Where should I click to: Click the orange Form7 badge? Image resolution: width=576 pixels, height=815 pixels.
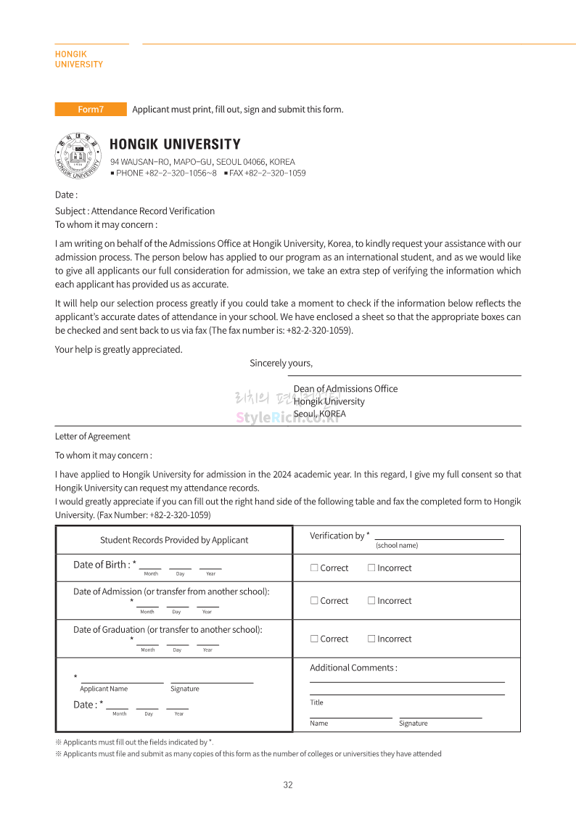(91, 110)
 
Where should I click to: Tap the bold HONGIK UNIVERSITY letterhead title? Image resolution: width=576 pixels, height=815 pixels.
(175, 144)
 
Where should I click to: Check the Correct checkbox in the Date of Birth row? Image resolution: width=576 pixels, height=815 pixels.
(314, 568)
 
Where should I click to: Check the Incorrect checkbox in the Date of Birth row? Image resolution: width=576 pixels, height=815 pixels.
(371, 568)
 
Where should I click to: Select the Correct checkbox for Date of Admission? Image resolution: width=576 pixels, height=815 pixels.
(314, 600)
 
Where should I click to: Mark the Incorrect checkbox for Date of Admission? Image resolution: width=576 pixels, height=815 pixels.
(371, 600)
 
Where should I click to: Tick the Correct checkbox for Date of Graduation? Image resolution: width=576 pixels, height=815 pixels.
(314, 639)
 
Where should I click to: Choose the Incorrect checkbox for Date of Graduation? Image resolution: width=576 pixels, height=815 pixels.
(371, 639)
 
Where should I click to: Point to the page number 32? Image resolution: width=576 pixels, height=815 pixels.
(288, 785)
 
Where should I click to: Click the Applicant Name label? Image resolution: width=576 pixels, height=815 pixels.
(104, 689)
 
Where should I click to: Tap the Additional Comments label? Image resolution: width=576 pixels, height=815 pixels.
(353, 668)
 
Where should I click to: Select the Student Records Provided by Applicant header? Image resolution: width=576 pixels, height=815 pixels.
(174, 540)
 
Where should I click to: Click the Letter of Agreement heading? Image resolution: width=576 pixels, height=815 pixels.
(93, 436)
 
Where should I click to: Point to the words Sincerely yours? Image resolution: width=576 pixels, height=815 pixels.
(281, 363)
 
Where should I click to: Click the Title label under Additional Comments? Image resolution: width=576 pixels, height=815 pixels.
(316, 703)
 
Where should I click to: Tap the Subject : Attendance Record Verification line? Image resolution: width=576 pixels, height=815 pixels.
(135, 211)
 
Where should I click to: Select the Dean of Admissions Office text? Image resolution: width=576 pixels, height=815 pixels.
(345, 389)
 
